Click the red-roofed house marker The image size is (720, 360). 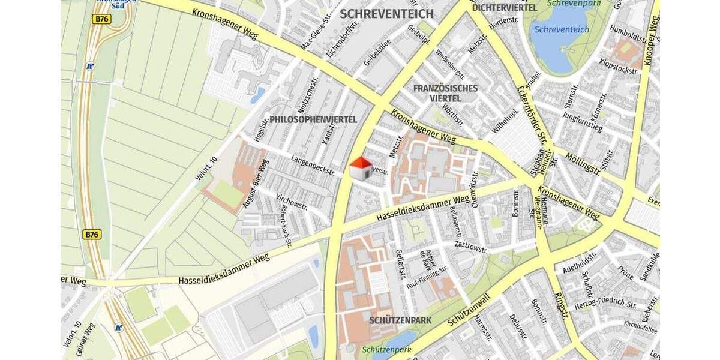361,169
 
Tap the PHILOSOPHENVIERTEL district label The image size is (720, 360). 313,120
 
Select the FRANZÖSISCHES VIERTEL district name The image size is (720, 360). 445,93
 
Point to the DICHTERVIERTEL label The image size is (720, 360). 504,8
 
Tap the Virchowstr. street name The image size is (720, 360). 292,205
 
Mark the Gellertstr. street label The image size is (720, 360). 400,265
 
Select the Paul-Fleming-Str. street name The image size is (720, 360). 427,277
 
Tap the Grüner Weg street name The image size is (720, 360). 85,340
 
